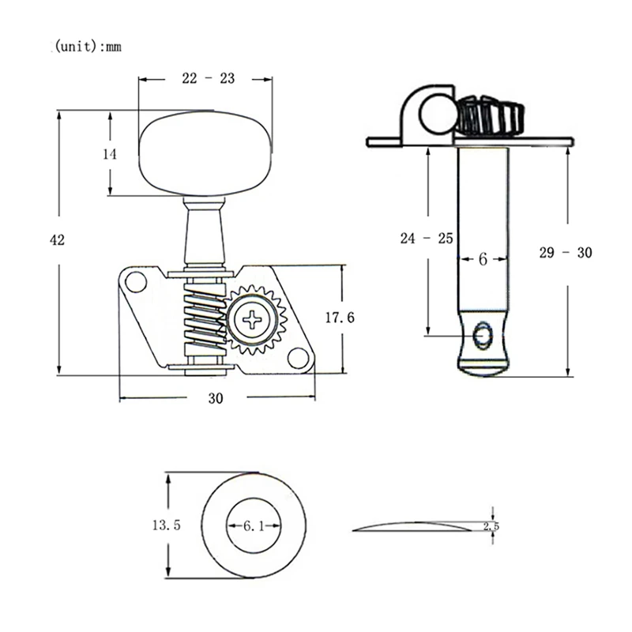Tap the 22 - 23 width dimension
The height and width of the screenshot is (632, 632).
(208, 78)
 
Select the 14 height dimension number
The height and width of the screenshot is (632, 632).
(110, 155)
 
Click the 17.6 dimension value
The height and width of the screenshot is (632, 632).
(340, 318)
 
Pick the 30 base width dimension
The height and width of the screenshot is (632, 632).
(216, 399)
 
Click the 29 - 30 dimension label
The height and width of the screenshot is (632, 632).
(565, 253)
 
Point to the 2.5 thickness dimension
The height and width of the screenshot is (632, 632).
(491, 526)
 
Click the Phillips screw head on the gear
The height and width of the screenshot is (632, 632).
(253, 319)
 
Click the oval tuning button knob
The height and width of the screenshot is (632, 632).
(205, 152)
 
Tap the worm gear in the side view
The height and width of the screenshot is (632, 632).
(489, 117)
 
